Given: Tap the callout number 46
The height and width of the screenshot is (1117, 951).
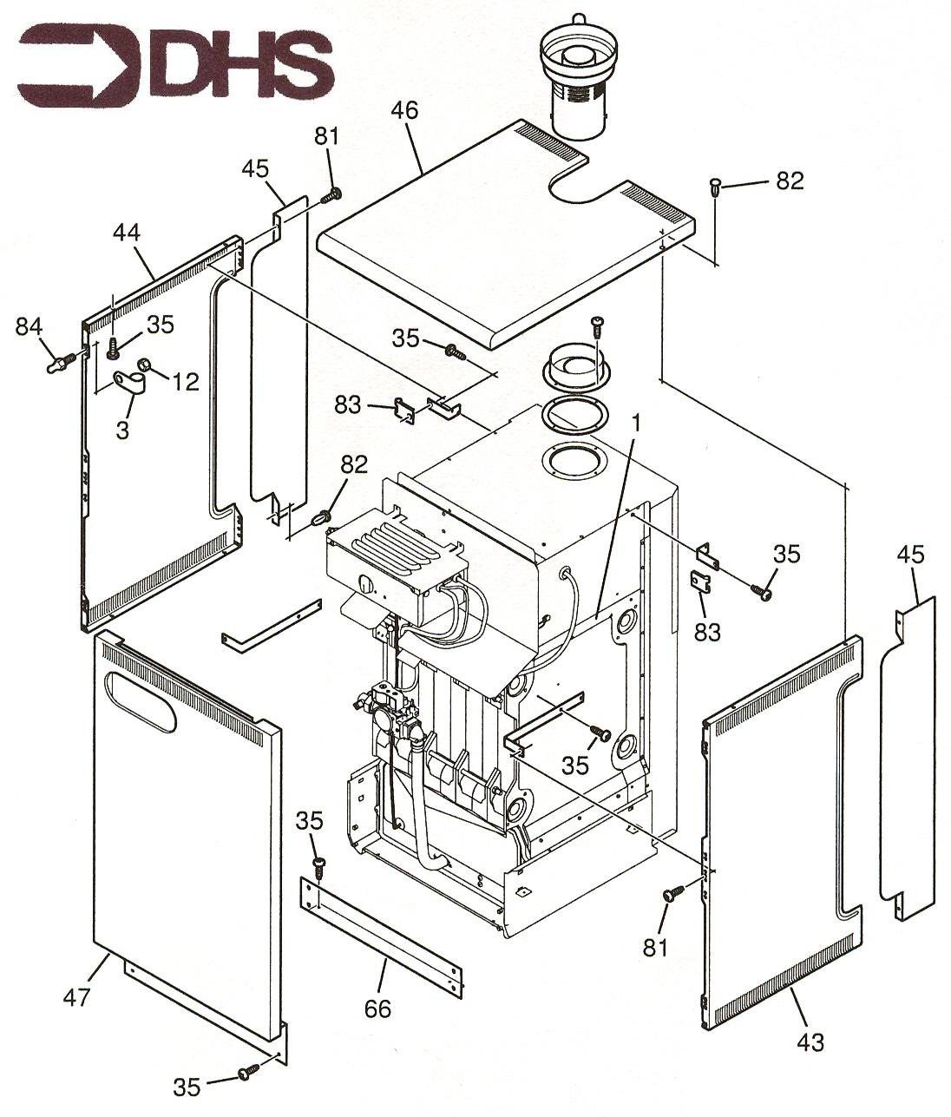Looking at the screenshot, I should [404, 111].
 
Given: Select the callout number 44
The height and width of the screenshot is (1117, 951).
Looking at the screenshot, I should [127, 233].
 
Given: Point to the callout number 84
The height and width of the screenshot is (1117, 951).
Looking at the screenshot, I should [29, 327].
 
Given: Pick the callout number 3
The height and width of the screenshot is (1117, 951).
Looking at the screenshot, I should [122, 429].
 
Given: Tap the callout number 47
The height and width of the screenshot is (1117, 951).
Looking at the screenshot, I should [76, 998].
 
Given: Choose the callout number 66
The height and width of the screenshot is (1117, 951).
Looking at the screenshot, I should [378, 1009].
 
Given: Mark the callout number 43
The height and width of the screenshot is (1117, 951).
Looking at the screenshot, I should [810, 1041].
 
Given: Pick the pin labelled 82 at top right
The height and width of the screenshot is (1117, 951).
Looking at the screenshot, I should [714, 185].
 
